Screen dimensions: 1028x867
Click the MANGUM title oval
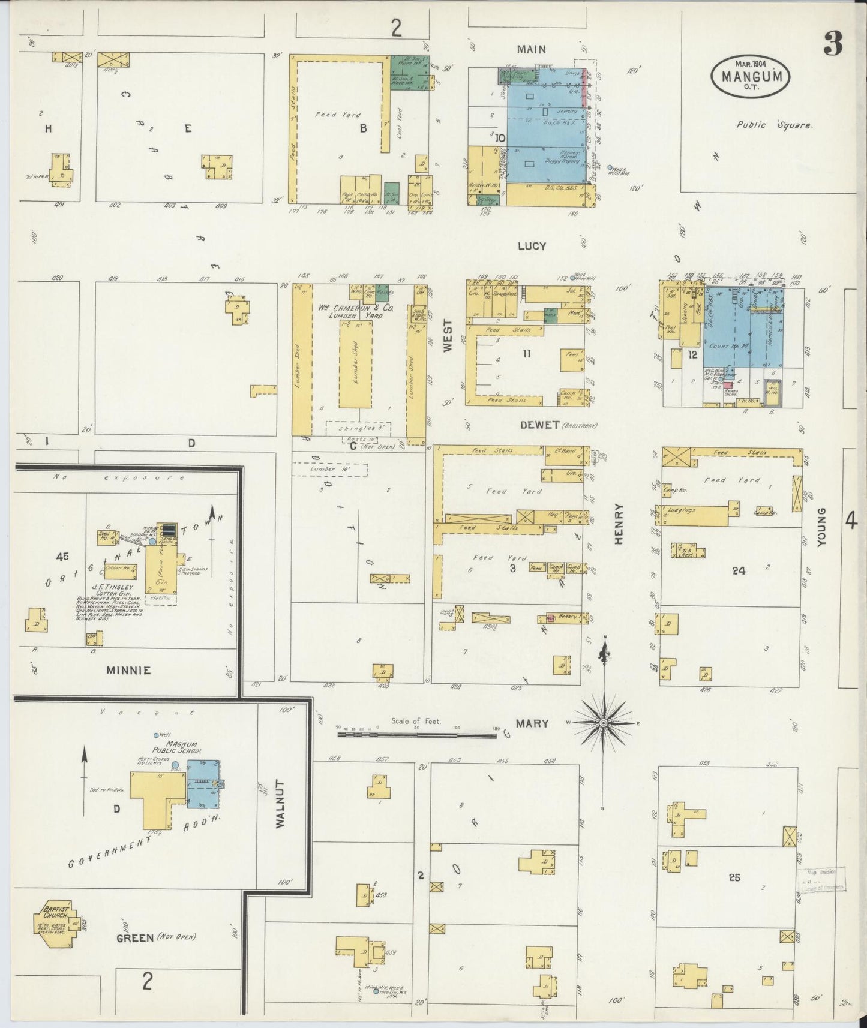point(750,77)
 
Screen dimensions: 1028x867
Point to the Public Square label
point(774,125)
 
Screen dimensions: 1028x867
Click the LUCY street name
point(532,246)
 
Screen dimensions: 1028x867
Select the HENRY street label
point(619,524)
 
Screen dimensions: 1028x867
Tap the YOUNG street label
point(821,527)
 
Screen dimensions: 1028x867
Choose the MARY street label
point(532,723)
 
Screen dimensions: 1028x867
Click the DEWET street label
point(540,426)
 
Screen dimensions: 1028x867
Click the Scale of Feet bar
point(416,733)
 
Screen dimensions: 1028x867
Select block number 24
point(738,570)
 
